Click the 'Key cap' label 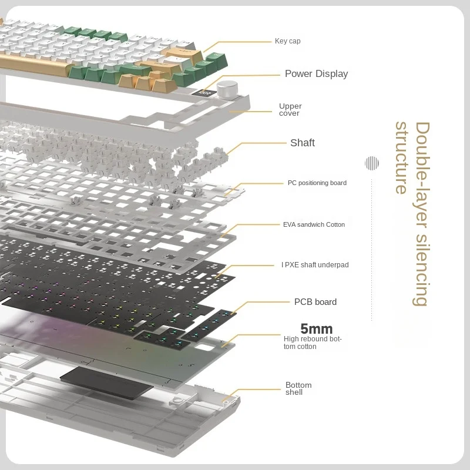[x=287, y=41]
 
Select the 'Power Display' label [x=316, y=73]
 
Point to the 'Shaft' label [x=302, y=143]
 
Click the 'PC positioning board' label [x=317, y=183]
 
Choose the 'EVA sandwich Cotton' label [x=314, y=224]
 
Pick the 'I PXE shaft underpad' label [x=315, y=265]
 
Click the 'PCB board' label [x=315, y=302]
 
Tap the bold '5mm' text [x=316, y=329]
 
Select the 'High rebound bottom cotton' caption [x=312, y=343]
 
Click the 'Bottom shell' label [x=298, y=388]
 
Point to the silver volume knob [x=225, y=89]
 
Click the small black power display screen [x=205, y=92]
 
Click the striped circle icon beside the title [x=371, y=163]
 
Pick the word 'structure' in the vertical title [x=401, y=157]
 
